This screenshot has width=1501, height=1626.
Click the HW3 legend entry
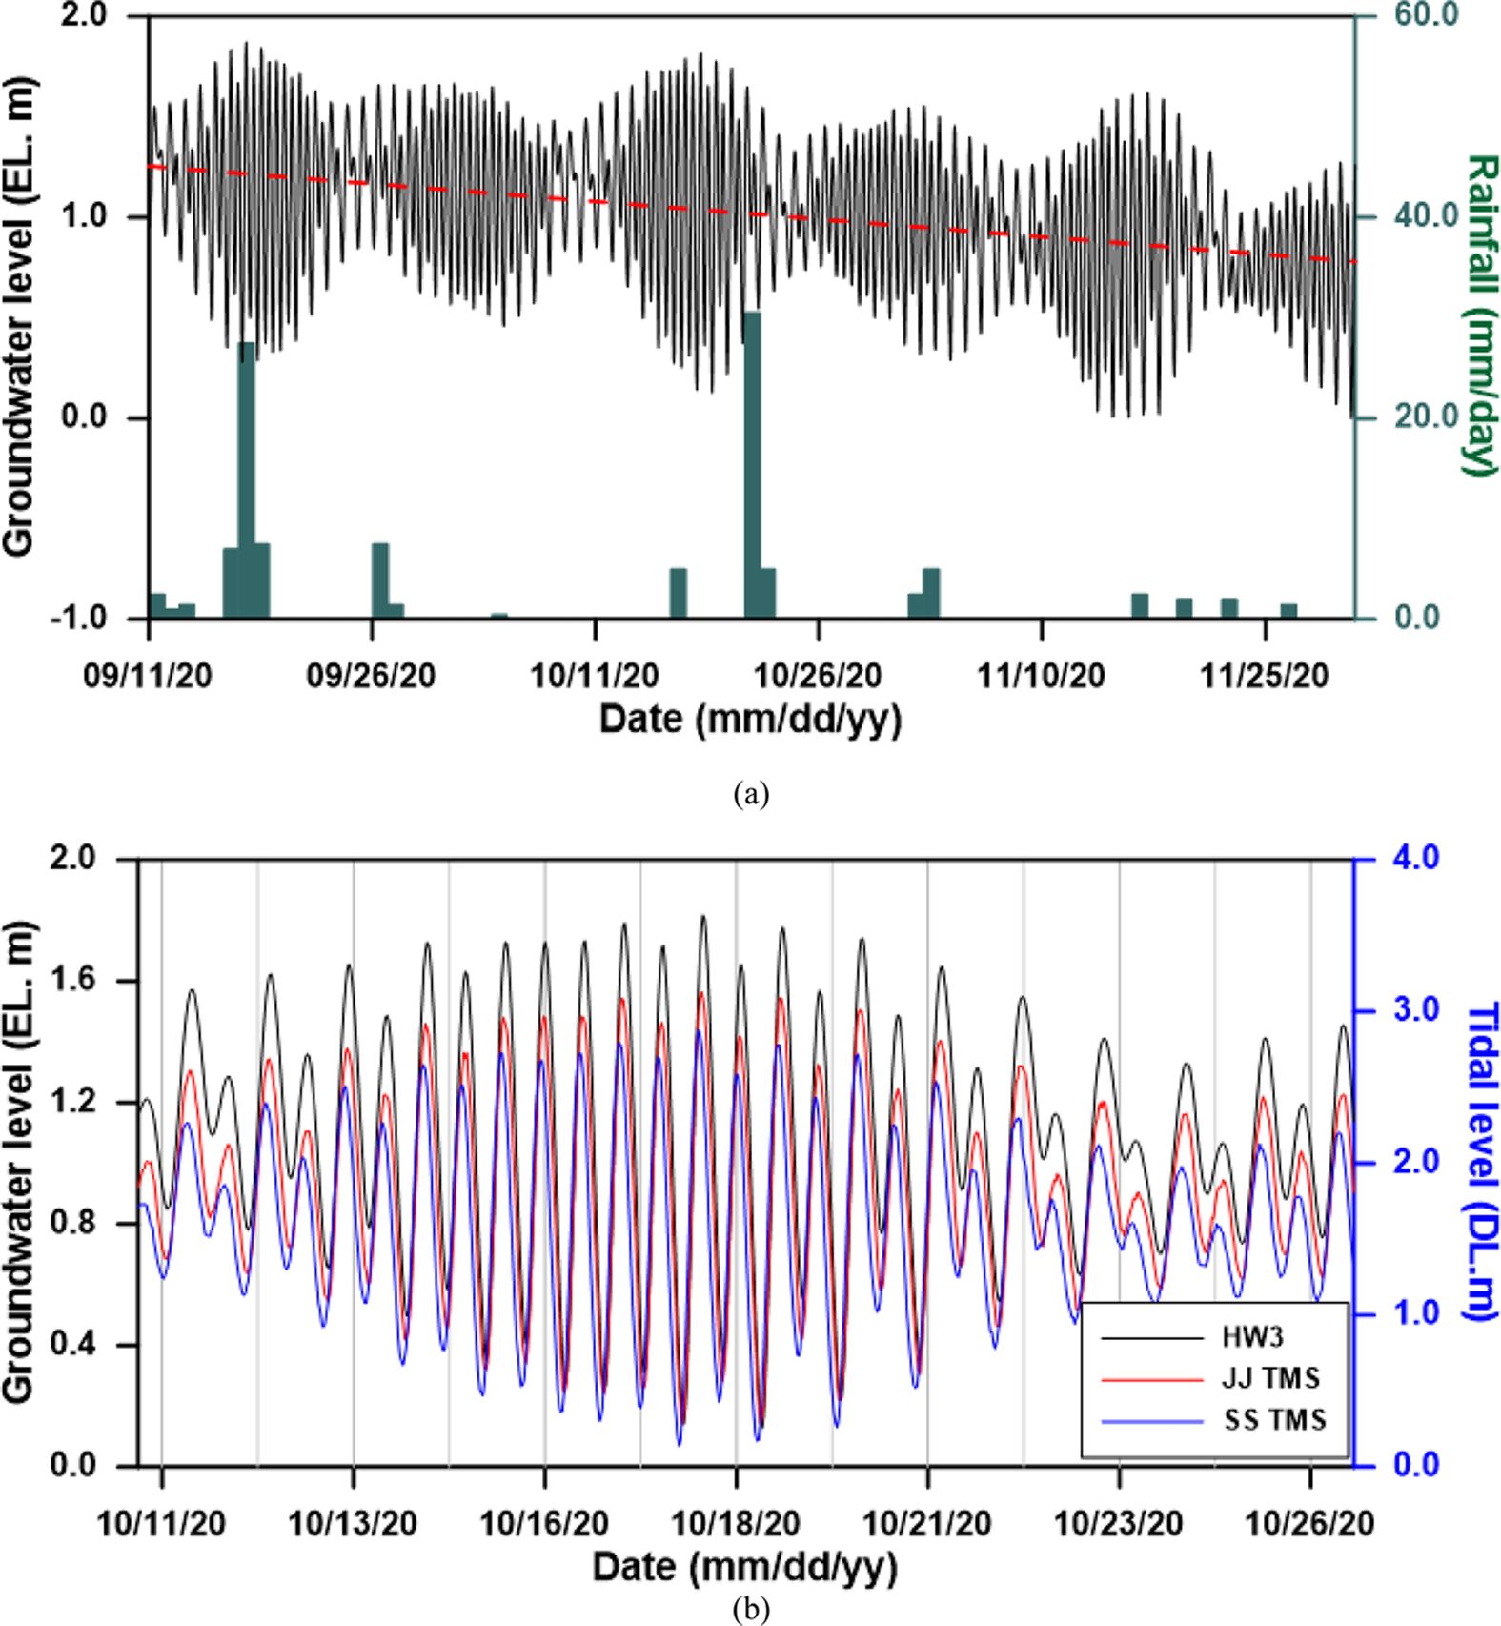[x=1252, y=1337]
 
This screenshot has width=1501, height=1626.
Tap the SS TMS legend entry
[x=1274, y=1420]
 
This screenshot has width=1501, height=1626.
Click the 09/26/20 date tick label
[x=372, y=676]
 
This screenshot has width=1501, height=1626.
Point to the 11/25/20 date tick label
[x=1264, y=676]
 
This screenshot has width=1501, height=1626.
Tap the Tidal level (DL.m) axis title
[x=1480, y=1161]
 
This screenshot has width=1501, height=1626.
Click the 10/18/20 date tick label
[x=736, y=1523]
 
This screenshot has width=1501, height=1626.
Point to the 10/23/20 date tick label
[x=1119, y=1523]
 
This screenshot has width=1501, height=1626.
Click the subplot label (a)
[x=750, y=794]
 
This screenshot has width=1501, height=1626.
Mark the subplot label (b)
[x=750, y=1610]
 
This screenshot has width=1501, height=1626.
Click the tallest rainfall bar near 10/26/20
[x=752, y=464]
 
